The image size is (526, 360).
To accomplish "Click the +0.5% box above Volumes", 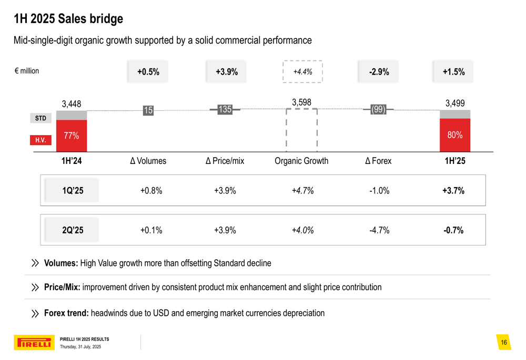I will [148, 72].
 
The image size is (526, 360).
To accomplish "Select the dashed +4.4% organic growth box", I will [302, 72].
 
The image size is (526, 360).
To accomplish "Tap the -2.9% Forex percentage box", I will [379, 72].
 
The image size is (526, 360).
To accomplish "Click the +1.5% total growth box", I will [453, 72].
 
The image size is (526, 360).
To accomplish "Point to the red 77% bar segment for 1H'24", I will [72, 136].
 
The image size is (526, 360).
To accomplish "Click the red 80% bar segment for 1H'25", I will [455, 135].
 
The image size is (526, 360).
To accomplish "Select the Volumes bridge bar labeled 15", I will [148, 110].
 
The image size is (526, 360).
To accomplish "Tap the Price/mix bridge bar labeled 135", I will [225, 109].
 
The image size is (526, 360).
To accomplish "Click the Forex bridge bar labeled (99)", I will [378, 109].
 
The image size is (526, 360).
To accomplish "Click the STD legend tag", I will [41, 118].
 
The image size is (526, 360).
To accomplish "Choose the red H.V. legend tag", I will [41, 140].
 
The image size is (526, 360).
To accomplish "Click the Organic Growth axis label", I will [301, 161].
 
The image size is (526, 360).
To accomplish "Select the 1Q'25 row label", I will [73, 190].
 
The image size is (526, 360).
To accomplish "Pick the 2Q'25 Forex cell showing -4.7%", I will [379, 230].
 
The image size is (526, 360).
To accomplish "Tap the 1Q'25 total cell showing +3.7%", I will [453, 190].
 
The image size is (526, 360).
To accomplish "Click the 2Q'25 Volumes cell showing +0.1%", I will [151, 230].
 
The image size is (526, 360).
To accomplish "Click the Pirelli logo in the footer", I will [33, 343].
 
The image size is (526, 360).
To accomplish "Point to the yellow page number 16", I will [504, 343].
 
